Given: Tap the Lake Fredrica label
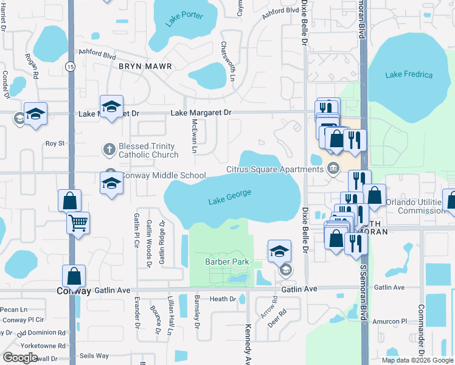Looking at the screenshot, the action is click(409, 75).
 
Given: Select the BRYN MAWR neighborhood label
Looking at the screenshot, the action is click(145, 66).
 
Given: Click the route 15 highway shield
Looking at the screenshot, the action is click(71, 67).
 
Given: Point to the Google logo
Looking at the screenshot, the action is click(20, 358).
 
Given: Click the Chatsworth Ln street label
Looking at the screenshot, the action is click(229, 61).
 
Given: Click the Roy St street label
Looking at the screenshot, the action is click(55, 144).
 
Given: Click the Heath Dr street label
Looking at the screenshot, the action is click(223, 299).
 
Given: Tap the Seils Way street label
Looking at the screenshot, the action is click(94, 356).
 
